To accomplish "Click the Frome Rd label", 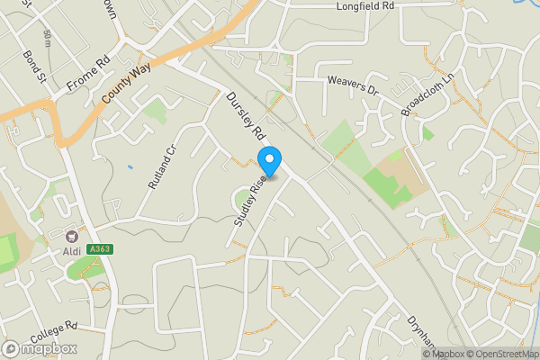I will (88, 76).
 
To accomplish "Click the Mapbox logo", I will (40, 348).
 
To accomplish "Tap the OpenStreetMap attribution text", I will (500, 353).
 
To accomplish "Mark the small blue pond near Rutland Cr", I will (130, 166).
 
